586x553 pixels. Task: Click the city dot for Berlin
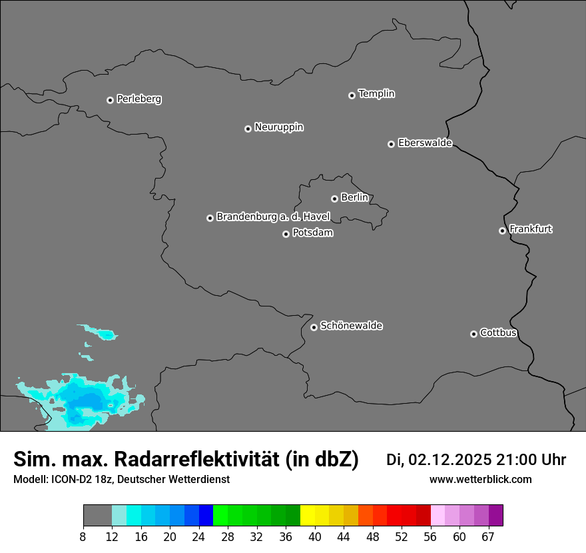point(334,199)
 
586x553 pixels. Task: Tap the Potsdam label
point(312,233)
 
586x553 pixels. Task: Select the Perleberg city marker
point(110,100)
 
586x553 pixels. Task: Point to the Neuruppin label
point(278,127)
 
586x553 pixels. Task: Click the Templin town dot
point(352,95)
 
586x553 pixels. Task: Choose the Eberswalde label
point(425,143)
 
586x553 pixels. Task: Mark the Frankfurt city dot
point(502,231)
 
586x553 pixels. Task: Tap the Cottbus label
point(498,332)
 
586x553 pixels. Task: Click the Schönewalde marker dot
point(314,327)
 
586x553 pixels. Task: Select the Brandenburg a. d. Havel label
point(273,217)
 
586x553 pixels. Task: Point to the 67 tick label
point(488,537)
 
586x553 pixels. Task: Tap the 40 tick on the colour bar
point(314,537)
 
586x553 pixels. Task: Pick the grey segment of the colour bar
point(97,516)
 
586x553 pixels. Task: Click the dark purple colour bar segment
point(495,516)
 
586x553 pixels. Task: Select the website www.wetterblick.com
point(480,479)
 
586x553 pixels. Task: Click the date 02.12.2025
point(450,460)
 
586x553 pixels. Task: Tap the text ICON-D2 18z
point(83,479)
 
